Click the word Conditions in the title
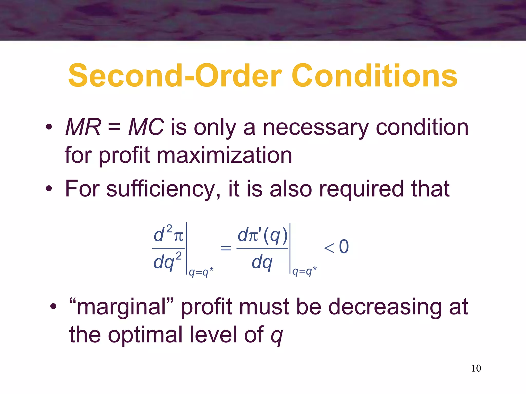click(374, 76)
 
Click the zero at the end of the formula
click(344, 247)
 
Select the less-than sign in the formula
click(329, 248)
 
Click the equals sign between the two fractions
click(226, 248)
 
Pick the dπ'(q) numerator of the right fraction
click(262, 235)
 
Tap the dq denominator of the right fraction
click(262, 263)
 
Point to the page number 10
click(476, 368)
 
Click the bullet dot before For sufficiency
click(49, 189)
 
